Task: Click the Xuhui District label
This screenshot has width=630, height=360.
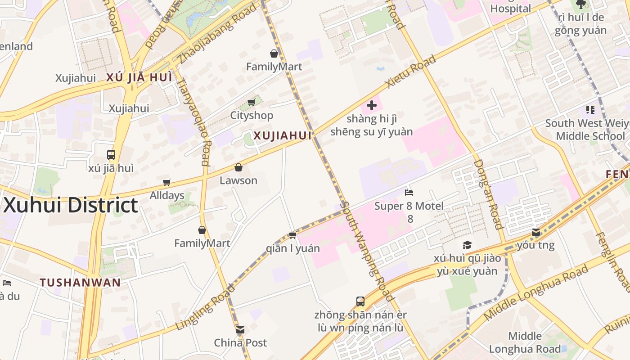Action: (71, 205)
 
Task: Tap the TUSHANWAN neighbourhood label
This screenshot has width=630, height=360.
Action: (80, 283)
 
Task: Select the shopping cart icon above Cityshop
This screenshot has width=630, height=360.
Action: (252, 103)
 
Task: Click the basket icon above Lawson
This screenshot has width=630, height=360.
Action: (238, 167)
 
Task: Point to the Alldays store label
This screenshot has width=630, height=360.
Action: (167, 195)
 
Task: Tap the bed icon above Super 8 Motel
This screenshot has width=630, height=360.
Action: (409, 193)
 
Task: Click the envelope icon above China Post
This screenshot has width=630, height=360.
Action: (240, 330)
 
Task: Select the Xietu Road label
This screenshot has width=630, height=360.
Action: (411, 72)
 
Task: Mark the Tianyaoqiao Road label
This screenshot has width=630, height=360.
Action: (192, 121)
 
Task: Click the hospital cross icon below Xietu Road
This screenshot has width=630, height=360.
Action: (372, 106)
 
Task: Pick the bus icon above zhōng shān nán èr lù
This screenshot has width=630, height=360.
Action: (360, 301)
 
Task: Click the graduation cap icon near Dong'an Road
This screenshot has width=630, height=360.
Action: (467, 245)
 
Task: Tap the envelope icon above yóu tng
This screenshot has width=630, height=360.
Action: (536, 232)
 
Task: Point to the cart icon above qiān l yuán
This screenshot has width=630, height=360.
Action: (292, 235)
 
